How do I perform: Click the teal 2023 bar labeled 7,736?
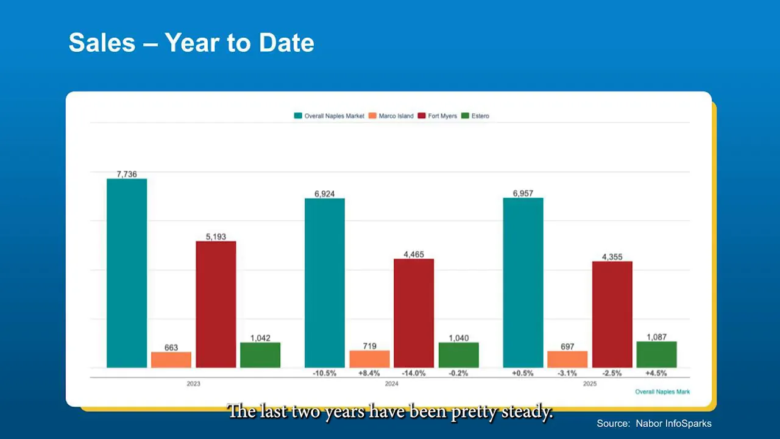tap(127, 273)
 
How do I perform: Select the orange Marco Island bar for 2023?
tap(171, 360)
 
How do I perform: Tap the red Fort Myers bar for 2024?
tap(414, 313)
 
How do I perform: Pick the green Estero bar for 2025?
tap(656, 354)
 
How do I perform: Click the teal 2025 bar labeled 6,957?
tap(523, 283)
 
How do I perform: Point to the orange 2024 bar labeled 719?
tap(369, 359)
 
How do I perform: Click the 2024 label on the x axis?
tap(391, 384)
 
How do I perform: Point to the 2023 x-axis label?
tap(193, 384)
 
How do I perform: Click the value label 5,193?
tap(216, 237)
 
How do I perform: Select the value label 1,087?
tap(656, 337)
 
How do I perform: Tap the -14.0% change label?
tap(414, 373)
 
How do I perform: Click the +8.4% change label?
tap(369, 373)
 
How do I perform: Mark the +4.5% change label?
tap(656, 373)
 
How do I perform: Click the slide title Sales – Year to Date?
tap(191, 43)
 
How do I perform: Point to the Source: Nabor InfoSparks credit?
tap(654, 423)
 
